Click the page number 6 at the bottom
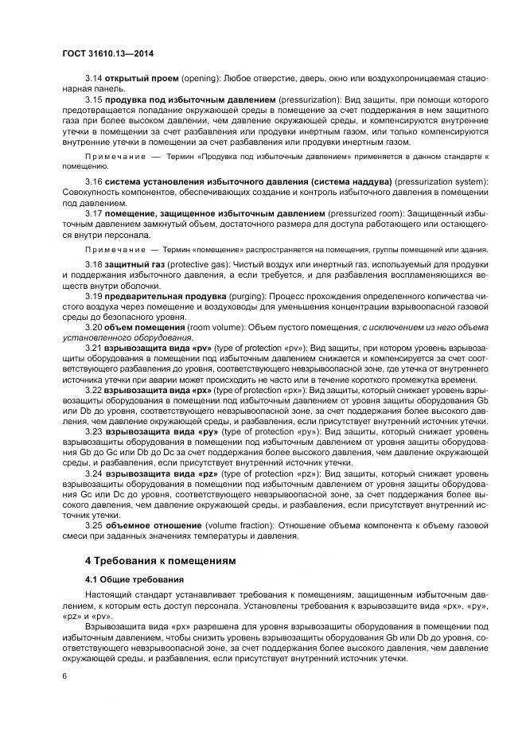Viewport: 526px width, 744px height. [x=64, y=676]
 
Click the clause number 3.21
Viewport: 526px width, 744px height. [x=94, y=349]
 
